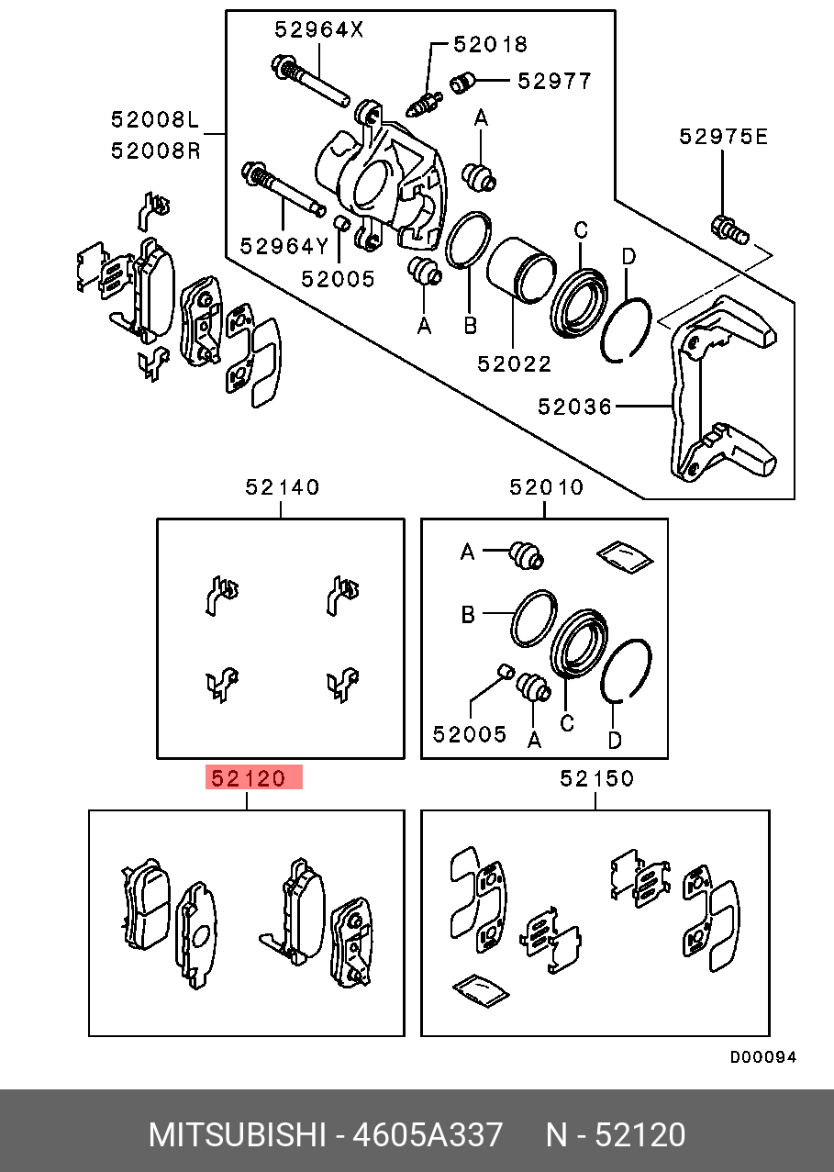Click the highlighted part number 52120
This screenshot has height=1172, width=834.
(x=248, y=778)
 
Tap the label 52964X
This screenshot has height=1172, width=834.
(x=319, y=29)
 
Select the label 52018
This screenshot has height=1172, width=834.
(x=490, y=44)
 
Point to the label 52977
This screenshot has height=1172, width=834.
(x=554, y=81)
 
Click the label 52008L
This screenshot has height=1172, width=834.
(x=155, y=120)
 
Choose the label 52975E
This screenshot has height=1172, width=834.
(x=724, y=137)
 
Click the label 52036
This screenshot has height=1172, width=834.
(x=574, y=407)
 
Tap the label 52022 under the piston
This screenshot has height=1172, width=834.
(x=515, y=363)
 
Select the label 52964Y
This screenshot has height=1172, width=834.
(x=284, y=246)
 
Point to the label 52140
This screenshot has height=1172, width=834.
(x=282, y=487)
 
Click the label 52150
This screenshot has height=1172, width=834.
(x=596, y=778)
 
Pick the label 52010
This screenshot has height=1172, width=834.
(x=546, y=487)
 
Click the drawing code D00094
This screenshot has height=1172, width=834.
(x=763, y=1057)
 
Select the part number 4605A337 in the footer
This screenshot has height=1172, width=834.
(x=428, y=1134)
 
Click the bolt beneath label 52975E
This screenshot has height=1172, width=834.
(x=730, y=230)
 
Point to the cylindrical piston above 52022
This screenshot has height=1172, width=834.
(x=520, y=270)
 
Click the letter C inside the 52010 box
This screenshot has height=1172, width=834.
(x=567, y=723)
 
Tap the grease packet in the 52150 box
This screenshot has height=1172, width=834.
(x=481, y=990)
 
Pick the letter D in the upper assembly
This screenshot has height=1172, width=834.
(x=628, y=256)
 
